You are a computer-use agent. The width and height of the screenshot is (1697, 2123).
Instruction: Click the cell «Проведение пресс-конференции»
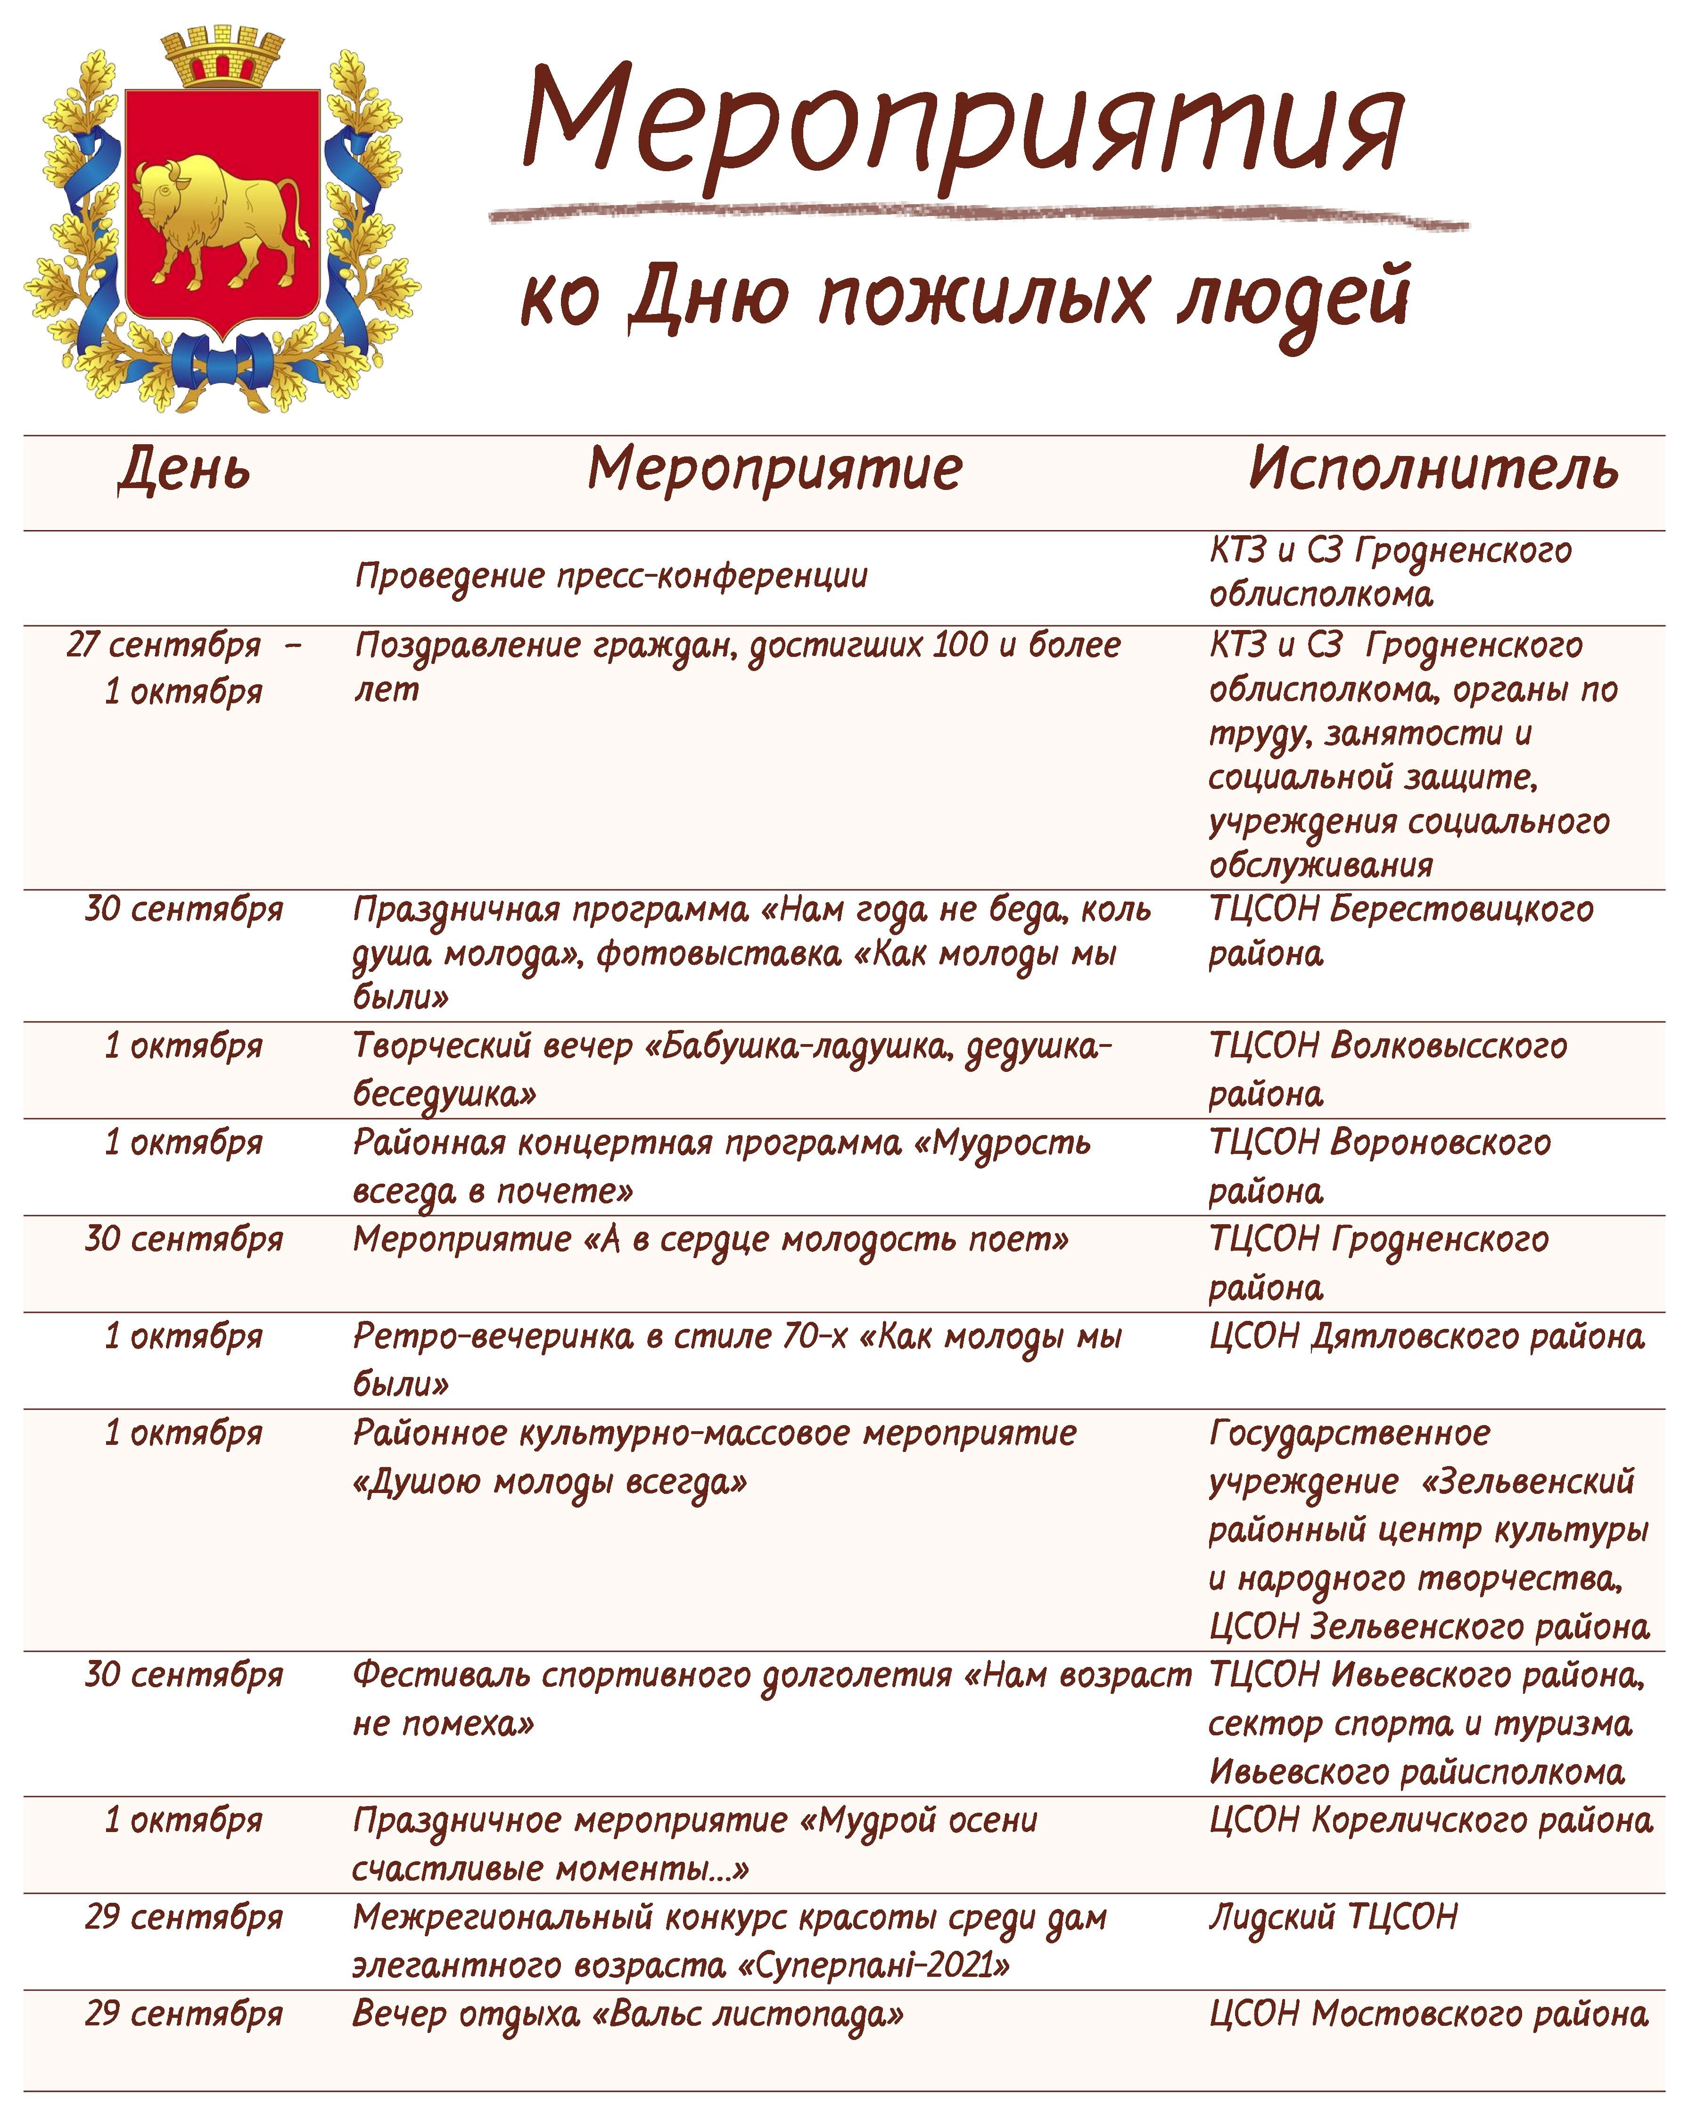click(610, 576)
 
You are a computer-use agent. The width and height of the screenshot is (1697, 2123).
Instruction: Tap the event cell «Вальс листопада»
click(753, 2015)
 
